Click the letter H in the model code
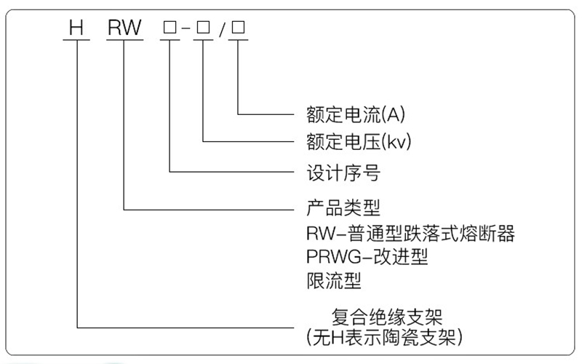[x=76, y=28]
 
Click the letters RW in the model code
[x=124, y=28]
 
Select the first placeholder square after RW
[x=170, y=27]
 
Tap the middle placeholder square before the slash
[x=203, y=27]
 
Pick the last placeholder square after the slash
[x=238, y=27]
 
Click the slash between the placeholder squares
[x=222, y=30]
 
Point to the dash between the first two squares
[x=186, y=28]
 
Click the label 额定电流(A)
[x=356, y=114]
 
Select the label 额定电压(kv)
[x=359, y=141]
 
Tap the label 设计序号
[x=343, y=173]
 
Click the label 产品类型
[x=343, y=207]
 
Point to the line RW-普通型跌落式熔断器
[x=410, y=233]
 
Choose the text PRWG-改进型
[x=367, y=256]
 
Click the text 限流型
[x=334, y=280]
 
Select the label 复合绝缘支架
[x=387, y=317]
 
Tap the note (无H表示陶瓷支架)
[x=385, y=337]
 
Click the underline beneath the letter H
[x=76, y=39]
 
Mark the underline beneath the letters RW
[x=124, y=39]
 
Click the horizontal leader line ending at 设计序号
[x=232, y=172]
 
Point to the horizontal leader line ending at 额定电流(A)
[x=266, y=114]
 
